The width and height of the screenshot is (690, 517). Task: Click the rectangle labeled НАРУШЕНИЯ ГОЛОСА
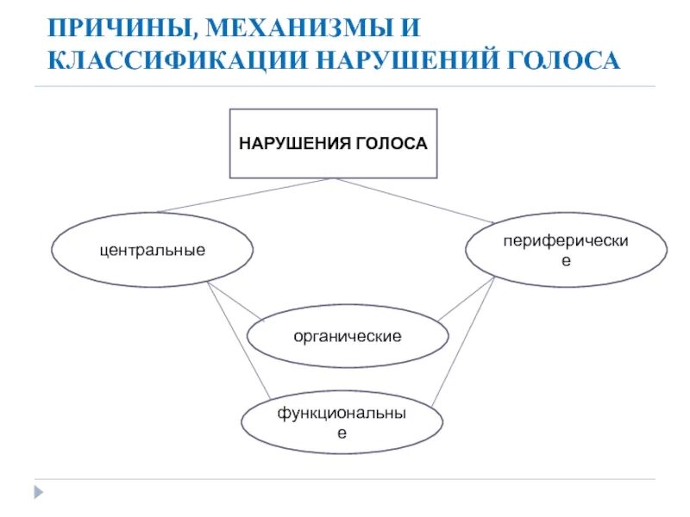333,143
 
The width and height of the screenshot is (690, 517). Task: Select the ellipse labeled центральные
153,250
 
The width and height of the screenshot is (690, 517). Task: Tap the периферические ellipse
566,250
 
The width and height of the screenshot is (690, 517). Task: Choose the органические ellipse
348,334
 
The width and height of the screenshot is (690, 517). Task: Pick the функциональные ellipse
342,424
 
